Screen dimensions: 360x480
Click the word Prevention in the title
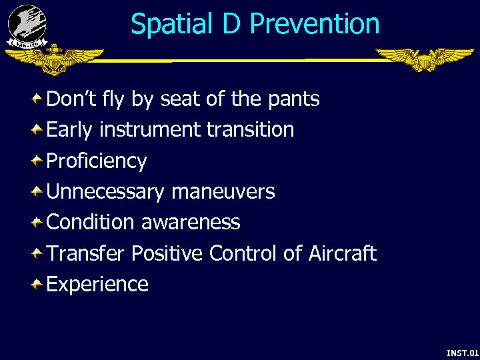point(315,24)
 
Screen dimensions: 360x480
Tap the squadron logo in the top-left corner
point(27,25)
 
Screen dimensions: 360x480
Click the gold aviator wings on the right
point(424,59)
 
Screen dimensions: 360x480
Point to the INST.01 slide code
point(463,352)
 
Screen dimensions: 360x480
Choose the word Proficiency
point(97,161)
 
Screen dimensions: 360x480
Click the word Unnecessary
point(105,192)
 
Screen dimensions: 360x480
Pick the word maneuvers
point(223,192)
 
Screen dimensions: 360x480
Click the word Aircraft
point(342,253)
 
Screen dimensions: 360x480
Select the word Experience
point(97,285)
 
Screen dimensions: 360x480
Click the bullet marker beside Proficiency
point(37,161)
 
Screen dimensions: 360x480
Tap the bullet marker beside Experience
point(37,285)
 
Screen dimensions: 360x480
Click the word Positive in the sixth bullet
point(167,253)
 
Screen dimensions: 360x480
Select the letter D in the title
point(231,24)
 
